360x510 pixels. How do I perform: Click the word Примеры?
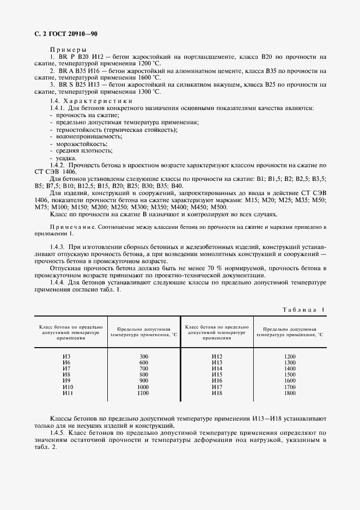65,49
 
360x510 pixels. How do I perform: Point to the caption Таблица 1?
303,309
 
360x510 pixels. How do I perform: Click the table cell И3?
67,356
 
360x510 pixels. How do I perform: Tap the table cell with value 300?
144,356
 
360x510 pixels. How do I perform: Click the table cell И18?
217,393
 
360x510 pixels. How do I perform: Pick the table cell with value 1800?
289,393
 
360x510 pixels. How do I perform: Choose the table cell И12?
217,356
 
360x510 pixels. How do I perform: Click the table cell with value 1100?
144,393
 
